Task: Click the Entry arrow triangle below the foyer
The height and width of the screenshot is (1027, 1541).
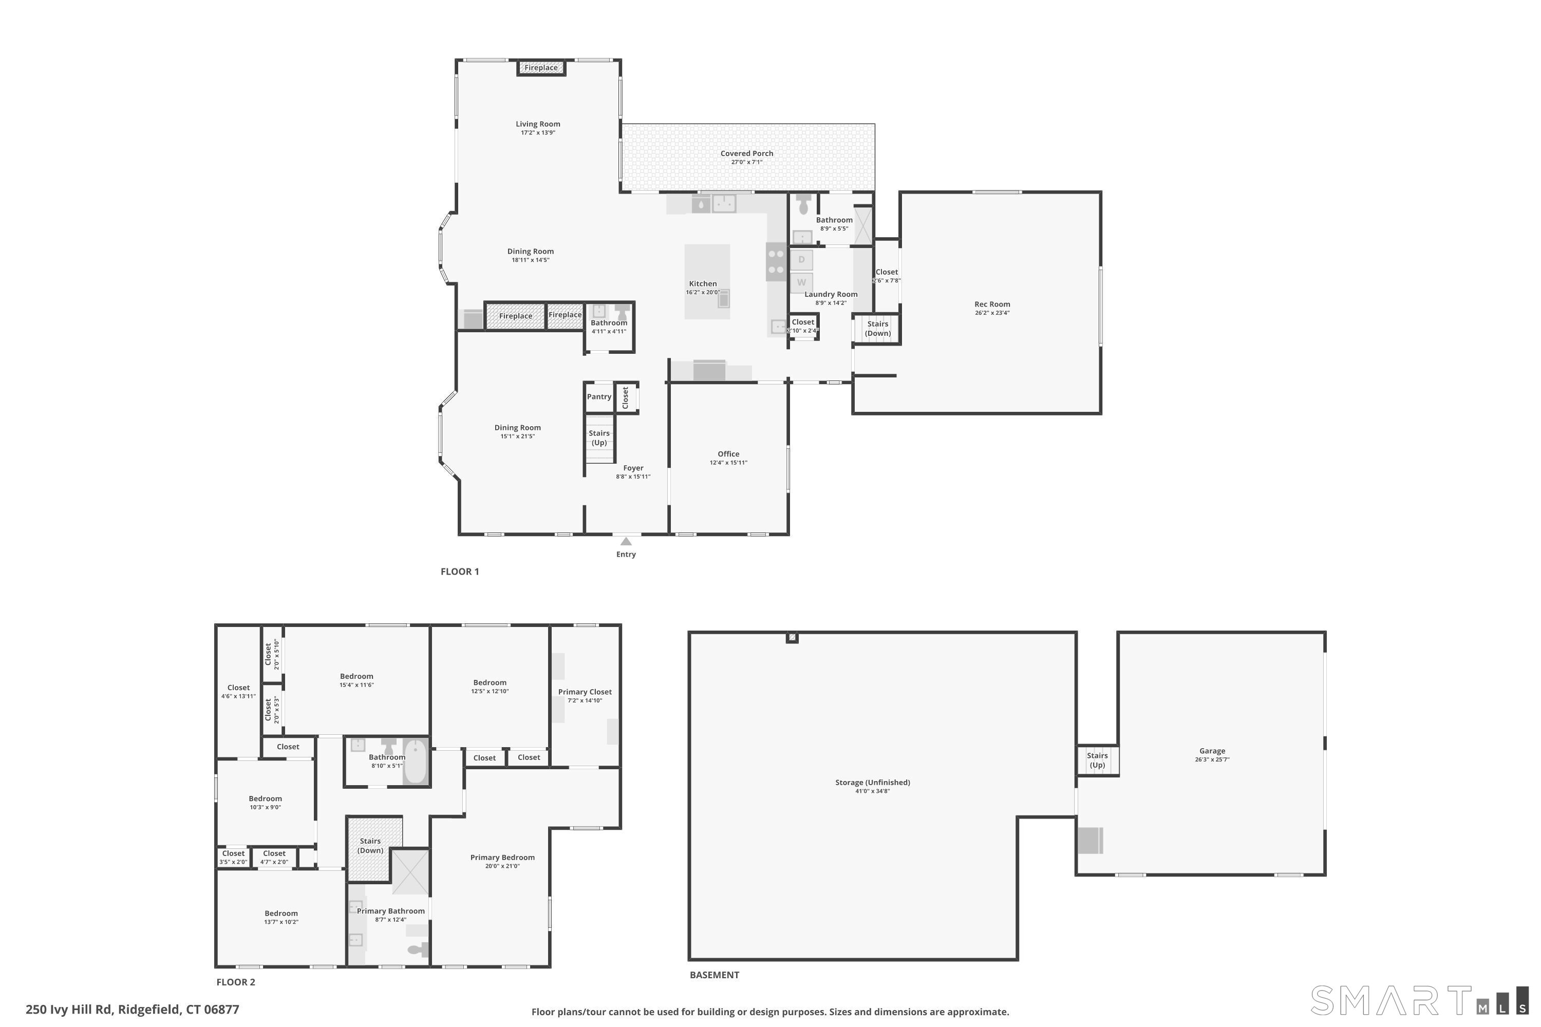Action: pyautogui.click(x=626, y=541)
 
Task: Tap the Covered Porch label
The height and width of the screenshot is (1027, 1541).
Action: pyautogui.click(x=746, y=153)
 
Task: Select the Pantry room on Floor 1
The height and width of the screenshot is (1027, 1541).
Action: pyautogui.click(x=599, y=397)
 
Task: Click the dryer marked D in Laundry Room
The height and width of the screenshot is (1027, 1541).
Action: pyautogui.click(x=801, y=259)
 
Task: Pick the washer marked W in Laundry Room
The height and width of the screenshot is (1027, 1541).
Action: pyautogui.click(x=801, y=282)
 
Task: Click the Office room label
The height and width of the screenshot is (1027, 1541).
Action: pyautogui.click(x=728, y=454)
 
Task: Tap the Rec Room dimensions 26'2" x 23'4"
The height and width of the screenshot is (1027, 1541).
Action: pyautogui.click(x=991, y=313)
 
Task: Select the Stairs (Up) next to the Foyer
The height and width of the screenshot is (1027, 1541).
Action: pyautogui.click(x=599, y=438)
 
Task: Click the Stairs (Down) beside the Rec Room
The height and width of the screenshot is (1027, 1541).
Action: pyautogui.click(x=877, y=328)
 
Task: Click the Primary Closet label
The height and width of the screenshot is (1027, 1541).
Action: pyautogui.click(x=585, y=692)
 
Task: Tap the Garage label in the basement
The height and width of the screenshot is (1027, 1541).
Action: pyautogui.click(x=1211, y=751)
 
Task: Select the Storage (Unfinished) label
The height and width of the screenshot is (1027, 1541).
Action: pyautogui.click(x=872, y=782)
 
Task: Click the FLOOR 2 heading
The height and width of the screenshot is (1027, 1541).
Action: pyautogui.click(x=236, y=982)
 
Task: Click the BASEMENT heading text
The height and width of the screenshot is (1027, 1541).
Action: pyautogui.click(x=714, y=975)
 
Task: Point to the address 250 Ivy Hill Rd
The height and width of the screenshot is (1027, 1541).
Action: pyautogui.click(x=133, y=1010)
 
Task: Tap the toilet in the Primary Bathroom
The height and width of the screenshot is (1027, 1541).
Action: pyautogui.click(x=417, y=949)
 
